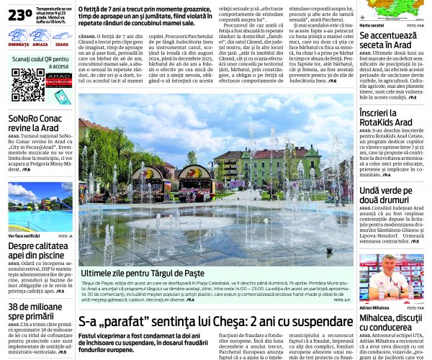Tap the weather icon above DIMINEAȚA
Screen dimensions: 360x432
click(x=19, y=35)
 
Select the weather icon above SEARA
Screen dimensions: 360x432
click(x=62, y=35)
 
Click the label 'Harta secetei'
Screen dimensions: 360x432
click(x=372, y=25)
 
